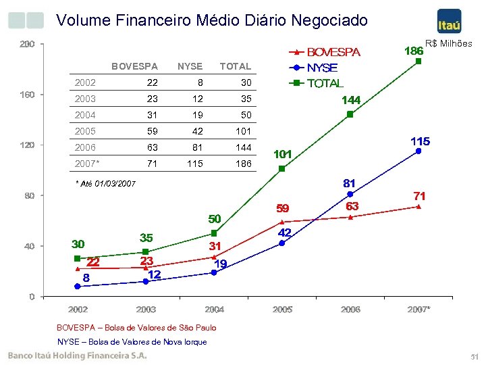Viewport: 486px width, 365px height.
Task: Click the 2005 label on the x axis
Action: [282, 310]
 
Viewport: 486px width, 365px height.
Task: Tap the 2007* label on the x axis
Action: [418, 310]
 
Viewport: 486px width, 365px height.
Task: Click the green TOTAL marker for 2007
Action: [418, 61]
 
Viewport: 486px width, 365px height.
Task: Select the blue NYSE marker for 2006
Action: [350, 194]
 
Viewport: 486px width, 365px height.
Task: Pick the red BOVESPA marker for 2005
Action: [282, 222]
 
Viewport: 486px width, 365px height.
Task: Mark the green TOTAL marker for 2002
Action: [78, 258]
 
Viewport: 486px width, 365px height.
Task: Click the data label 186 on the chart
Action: [413, 51]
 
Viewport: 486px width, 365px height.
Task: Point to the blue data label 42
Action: [285, 232]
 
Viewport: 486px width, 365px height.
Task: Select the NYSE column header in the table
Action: [190, 66]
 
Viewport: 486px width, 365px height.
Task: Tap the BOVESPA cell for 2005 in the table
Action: [153, 131]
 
